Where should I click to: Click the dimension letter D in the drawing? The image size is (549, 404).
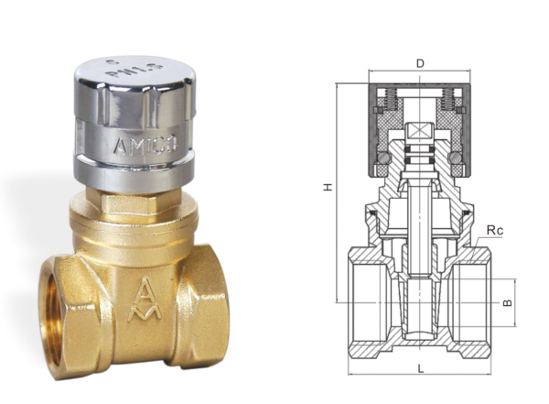click(x=420, y=63)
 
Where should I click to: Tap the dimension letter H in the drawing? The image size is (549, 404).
click(x=326, y=187)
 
